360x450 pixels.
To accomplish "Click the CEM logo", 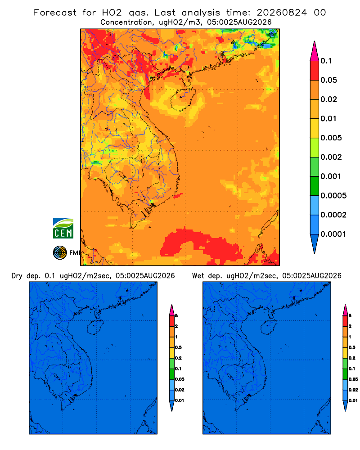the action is click(63, 229).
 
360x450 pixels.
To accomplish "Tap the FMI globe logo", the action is click(60, 253).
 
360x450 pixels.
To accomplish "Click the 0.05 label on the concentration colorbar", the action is click(328, 80).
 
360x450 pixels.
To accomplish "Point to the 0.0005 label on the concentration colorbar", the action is click(333, 196).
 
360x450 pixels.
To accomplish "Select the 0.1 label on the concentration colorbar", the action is click(326, 61).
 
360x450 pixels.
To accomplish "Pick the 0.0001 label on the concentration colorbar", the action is click(333, 234).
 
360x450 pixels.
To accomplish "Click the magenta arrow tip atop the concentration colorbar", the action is click(315, 51).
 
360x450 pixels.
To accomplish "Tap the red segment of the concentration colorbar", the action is click(315, 71).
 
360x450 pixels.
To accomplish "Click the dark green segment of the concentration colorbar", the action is click(315, 186).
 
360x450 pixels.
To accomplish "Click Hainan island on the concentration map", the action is click(183, 99).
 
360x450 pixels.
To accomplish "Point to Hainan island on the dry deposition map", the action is click(95, 328).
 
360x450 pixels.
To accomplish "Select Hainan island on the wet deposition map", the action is click(269, 328).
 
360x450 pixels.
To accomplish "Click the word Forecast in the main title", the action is click(55, 13).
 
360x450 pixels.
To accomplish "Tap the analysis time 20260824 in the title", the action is click(282, 13).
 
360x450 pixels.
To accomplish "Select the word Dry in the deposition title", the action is click(17, 276).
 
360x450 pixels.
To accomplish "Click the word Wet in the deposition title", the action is click(198, 276).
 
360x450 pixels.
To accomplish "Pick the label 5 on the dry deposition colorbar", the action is click(176, 316).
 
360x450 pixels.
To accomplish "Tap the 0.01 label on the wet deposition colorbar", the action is click(353, 400).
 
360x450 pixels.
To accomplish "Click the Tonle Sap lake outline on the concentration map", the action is click(123, 176).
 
